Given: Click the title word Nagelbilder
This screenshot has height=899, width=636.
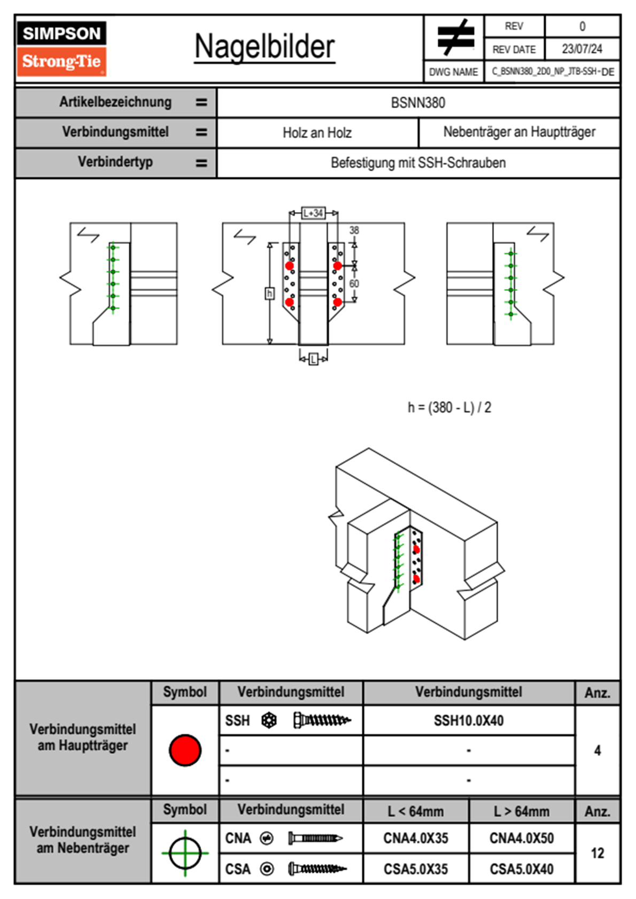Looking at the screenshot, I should click(x=265, y=47).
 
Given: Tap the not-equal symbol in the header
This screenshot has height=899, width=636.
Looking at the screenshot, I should click(x=455, y=38).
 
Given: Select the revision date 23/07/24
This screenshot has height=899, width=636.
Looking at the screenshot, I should click(x=581, y=49).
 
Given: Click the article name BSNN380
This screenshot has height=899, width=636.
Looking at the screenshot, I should click(x=418, y=103).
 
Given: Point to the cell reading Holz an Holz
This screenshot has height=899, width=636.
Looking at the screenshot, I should click(x=317, y=133).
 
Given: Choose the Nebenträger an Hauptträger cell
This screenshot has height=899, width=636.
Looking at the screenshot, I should click(x=519, y=132).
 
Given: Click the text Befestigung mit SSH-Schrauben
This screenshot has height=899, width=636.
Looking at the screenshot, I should click(x=418, y=162).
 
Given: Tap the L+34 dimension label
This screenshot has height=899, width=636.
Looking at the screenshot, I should click(x=313, y=213).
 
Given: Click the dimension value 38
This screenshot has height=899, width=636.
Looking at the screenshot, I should click(x=354, y=230).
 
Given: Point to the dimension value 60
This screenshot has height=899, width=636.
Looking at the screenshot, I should click(x=354, y=284).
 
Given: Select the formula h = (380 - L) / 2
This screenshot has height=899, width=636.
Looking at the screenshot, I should click(x=449, y=407).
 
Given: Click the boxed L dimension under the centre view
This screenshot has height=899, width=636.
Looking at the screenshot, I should click(x=314, y=359).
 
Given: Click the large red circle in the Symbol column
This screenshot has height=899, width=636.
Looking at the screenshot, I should click(x=185, y=750).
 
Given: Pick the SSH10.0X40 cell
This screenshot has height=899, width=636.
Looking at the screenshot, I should click(x=469, y=720).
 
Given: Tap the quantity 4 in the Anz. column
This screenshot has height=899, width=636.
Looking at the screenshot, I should click(x=597, y=750).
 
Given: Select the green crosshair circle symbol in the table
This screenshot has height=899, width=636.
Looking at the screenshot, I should click(x=185, y=853).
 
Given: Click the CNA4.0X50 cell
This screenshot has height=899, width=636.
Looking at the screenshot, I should click(x=522, y=838).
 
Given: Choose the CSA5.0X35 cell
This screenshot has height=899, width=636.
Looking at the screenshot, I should click(x=416, y=869).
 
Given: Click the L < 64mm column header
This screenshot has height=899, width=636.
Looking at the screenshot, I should click(x=416, y=811).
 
